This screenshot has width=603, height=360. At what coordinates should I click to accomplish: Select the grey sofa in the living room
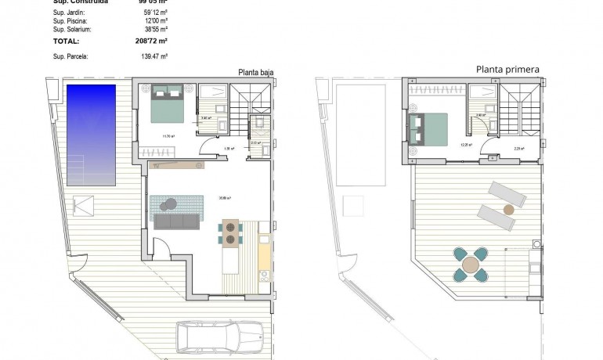pos(178,221)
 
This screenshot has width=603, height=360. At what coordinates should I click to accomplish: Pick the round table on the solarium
pos(470,265)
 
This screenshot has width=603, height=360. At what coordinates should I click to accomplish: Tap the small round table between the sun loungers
pos(510,210)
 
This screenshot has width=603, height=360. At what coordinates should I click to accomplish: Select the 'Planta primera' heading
pos(507,70)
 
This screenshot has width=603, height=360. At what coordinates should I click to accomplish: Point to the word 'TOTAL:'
pos(65,40)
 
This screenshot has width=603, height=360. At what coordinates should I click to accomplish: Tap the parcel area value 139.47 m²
pos(153,56)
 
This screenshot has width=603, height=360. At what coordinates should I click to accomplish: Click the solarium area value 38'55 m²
pos(157,29)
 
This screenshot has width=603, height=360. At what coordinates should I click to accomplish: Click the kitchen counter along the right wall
pos(264,250)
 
